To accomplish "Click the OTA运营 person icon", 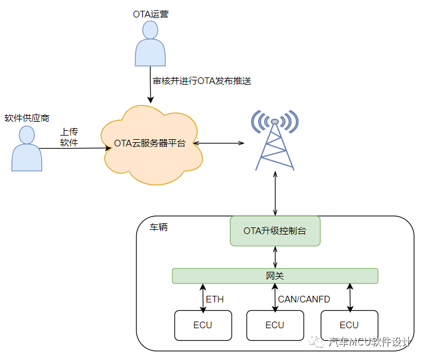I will [x=150, y=45].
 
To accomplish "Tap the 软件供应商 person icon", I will [x=27, y=150].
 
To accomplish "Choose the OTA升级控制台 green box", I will [x=275, y=231].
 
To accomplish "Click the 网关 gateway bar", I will [x=275, y=276].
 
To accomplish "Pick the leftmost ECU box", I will [x=202, y=325].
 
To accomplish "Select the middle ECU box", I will [x=275, y=325].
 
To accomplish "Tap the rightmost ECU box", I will [x=349, y=325].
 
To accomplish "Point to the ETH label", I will [x=215, y=298].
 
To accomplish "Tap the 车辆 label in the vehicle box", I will [x=159, y=227].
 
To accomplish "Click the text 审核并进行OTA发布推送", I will [x=202, y=80].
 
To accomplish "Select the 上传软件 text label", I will [x=69, y=137].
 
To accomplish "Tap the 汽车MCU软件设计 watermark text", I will [x=369, y=342].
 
